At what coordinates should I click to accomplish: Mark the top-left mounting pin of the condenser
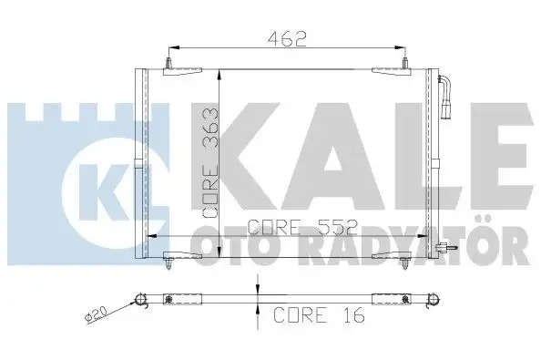pyautogui.click(x=169, y=65)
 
